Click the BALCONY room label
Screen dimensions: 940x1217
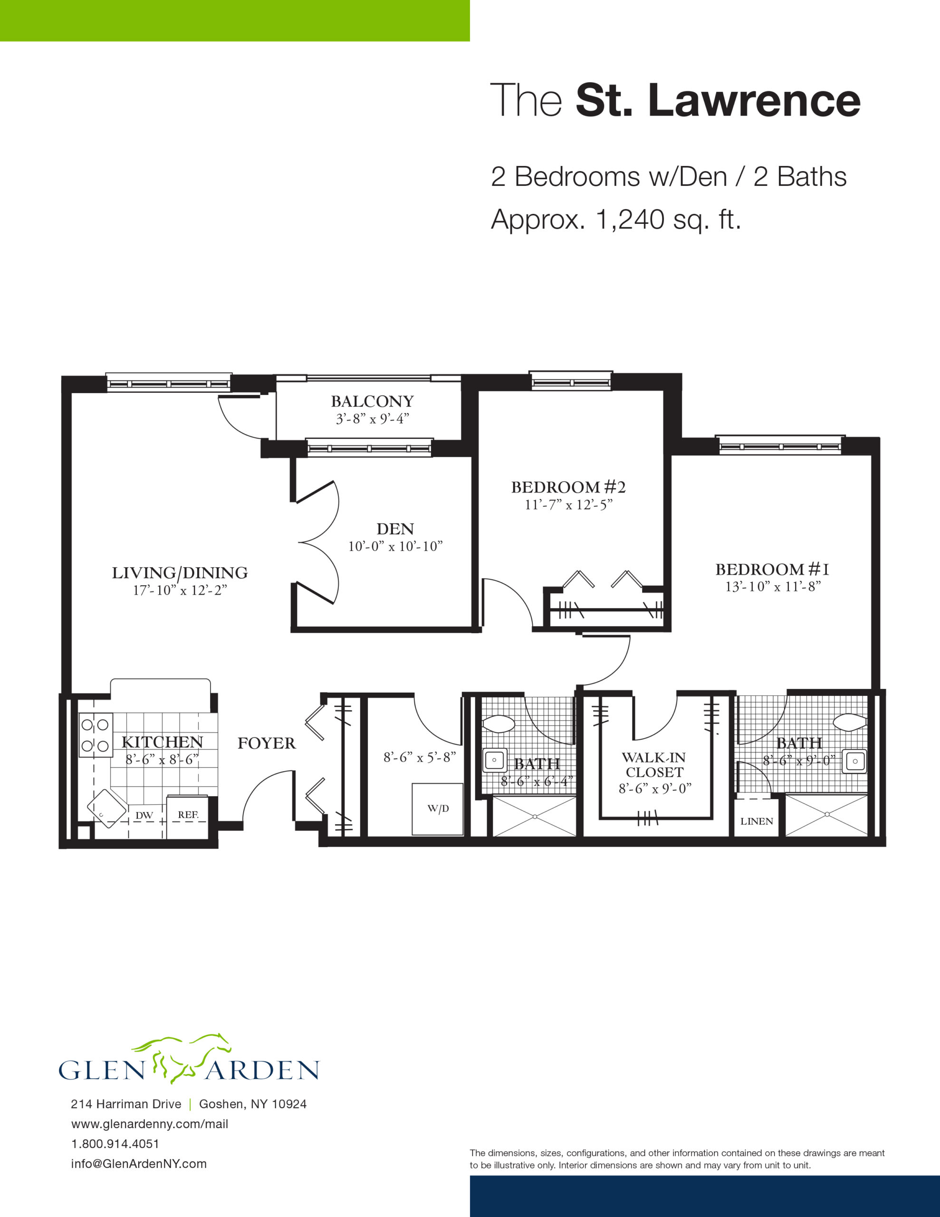click(x=372, y=401)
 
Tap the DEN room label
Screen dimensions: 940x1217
click(x=395, y=529)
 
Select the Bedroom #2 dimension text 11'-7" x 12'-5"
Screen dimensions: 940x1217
click(x=568, y=505)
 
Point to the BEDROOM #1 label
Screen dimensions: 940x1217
click(x=772, y=570)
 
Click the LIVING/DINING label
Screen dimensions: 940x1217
click(x=180, y=573)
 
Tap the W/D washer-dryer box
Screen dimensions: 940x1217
click(x=437, y=809)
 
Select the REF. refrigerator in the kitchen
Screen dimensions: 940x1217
click(x=188, y=816)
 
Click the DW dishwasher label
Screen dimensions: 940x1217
click(x=144, y=815)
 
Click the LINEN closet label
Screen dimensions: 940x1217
click(x=756, y=821)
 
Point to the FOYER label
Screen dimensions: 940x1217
click(x=266, y=744)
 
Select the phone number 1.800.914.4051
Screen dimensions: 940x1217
click(x=115, y=1144)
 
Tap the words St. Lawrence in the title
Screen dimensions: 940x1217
click(x=718, y=101)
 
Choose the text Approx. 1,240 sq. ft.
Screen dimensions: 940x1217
click(x=616, y=219)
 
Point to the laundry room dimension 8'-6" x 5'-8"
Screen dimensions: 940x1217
click(x=419, y=757)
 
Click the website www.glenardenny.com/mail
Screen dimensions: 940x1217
click(x=150, y=1124)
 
